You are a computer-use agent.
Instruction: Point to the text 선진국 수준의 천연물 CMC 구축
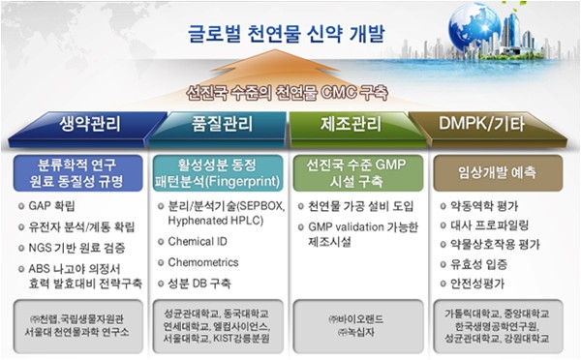pos(288,94)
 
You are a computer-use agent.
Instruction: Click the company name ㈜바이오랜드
pos(356,317)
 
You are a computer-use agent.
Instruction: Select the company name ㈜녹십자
pos(354,334)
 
